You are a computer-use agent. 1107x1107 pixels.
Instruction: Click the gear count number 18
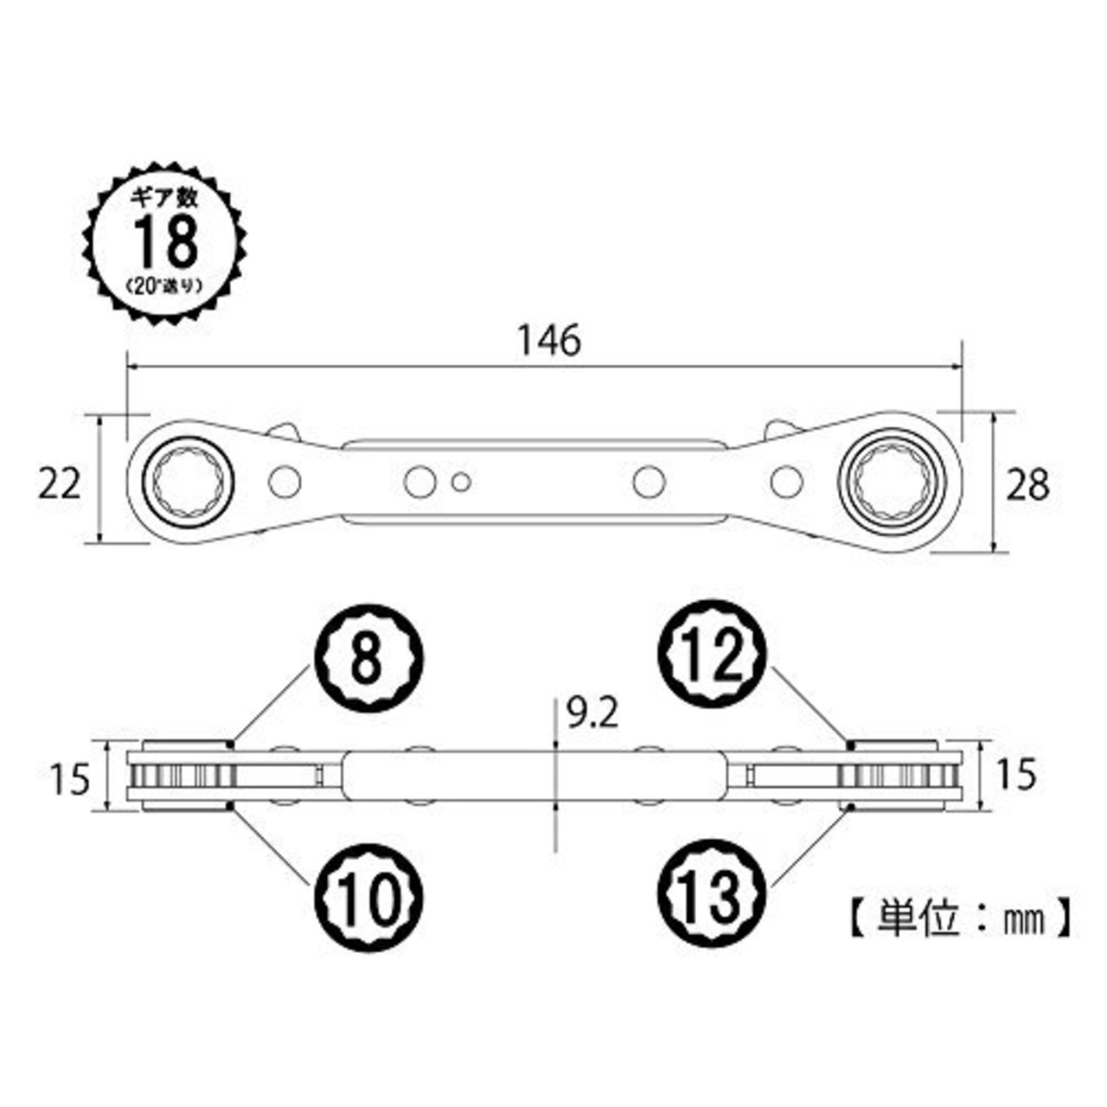166,242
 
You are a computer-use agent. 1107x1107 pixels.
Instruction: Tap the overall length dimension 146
550,342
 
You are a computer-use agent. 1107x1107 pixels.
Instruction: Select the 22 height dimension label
59,484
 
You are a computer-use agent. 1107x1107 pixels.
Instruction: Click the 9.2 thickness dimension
592,715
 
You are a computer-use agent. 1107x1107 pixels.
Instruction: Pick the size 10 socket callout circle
368,898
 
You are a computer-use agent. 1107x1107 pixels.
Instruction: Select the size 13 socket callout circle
711,898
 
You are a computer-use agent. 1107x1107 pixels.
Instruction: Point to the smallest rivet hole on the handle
461,482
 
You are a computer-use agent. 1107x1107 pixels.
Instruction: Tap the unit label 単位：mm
960,919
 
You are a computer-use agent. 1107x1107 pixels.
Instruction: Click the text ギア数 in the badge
165,198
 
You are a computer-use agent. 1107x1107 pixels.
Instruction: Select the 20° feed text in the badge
165,285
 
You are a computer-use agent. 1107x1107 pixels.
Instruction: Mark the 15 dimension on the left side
70,779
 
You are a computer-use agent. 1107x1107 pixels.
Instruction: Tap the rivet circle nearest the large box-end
786,481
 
